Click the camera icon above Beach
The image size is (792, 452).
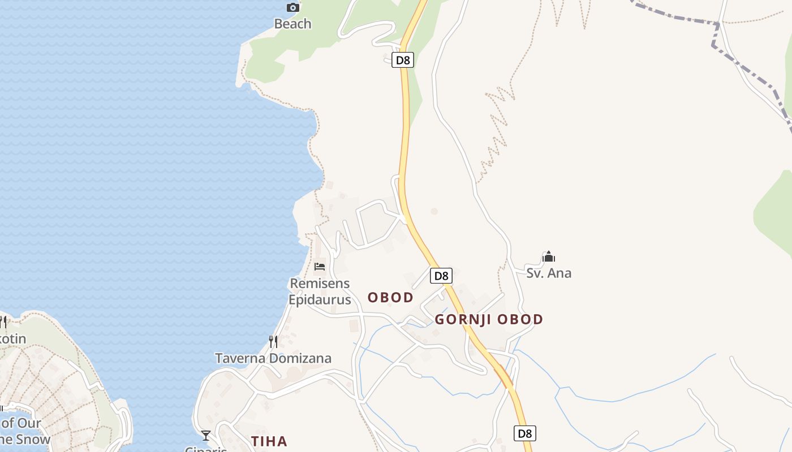(x=292, y=7)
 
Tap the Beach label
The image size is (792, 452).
(x=292, y=24)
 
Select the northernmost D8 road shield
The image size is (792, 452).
(x=403, y=60)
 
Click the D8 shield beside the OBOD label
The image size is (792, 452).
(x=441, y=276)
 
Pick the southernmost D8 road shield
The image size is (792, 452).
(x=525, y=433)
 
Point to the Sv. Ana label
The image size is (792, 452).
(x=549, y=273)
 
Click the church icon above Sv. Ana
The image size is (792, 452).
(x=548, y=257)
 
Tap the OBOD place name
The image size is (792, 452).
(x=390, y=297)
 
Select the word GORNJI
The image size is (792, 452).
(x=462, y=319)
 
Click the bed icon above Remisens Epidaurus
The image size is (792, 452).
(x=320, y=267)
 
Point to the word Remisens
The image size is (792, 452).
(x=320, y=283)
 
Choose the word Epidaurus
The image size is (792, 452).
(x=320, y=299)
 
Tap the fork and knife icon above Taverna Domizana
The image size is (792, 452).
(x=273, y=342)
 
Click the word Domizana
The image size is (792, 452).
(x=300, y=358)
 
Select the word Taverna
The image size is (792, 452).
(x=240, y=358)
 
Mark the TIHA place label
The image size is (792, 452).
(x=269, y=441)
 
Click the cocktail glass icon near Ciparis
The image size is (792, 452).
(x=206, y=435)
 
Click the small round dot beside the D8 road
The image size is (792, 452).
(x=434, y=211)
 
